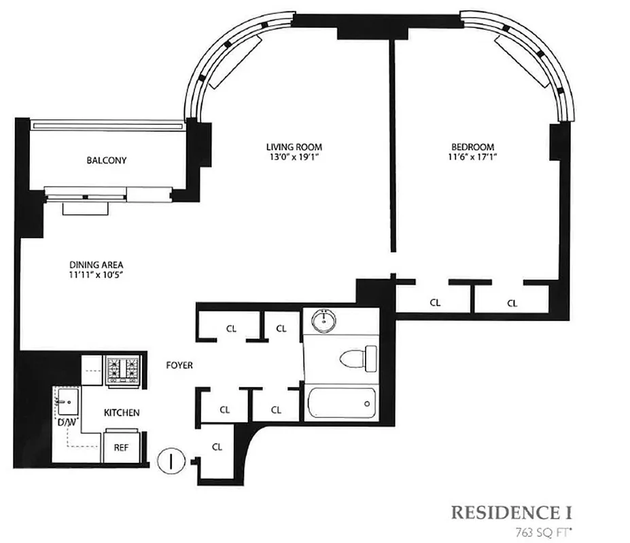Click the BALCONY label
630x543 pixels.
(107, 161)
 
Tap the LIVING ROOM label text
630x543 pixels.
(294, 147)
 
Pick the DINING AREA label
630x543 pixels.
(96, 265)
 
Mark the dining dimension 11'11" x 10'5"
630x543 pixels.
(96, 276)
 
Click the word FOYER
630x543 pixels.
(179, 366)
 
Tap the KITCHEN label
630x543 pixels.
(122, 413)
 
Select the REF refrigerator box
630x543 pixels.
(121, 448)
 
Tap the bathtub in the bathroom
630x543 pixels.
(340, 404)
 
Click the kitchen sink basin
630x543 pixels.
(67, 402)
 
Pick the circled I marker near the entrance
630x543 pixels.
(171, 461)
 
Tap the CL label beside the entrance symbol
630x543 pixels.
(217, 447)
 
